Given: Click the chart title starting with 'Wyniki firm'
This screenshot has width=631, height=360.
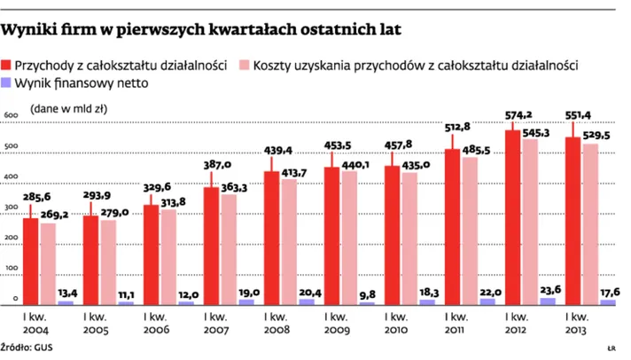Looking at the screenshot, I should [200, 30].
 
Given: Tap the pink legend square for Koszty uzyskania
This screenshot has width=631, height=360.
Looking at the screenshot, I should [244, 66].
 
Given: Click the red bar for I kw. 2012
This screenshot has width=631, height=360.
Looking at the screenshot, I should [512, 218].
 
